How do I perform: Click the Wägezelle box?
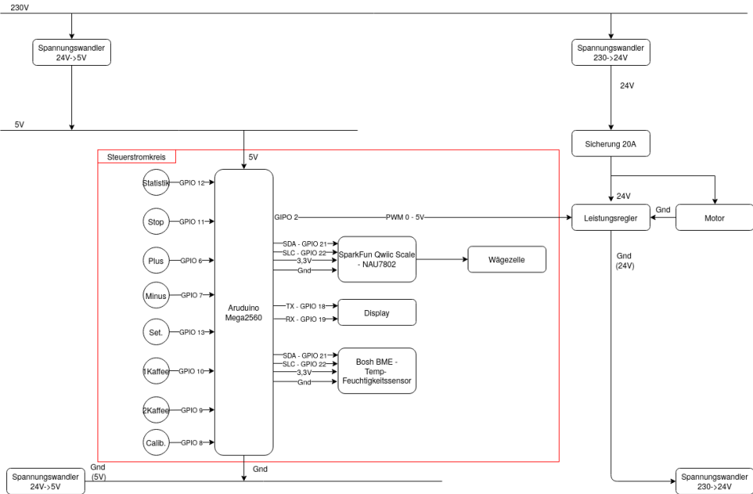click(x=507, y=259)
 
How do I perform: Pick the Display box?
click(x=376, y=312)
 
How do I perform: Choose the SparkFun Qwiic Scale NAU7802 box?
click(x=376, y=259)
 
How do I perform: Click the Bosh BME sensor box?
click(x=376, y=370)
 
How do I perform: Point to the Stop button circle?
click(x=156, y=221)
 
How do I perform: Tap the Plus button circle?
click(x=156, y=259)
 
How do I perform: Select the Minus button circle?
click(x=156, y=295)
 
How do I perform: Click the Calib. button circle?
click(x=156, y=442)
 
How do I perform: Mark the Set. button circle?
click(x=156, y=332)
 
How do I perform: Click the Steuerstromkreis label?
click(x=136, y=157)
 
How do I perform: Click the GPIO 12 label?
click(x=191, y=183)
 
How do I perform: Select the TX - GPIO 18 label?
click(x=306, y=305)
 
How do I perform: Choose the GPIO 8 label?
click(x=191, y=442)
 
